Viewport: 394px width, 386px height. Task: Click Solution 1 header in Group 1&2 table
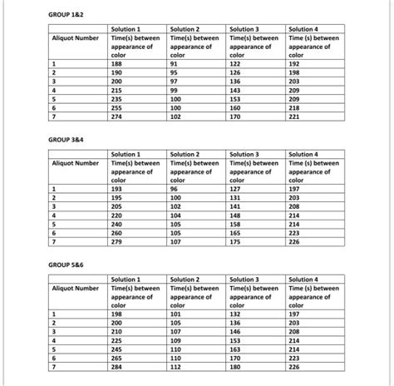(126, 30)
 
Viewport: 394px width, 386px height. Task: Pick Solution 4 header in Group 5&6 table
(303, 280)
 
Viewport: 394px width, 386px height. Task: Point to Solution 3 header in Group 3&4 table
(244, 154)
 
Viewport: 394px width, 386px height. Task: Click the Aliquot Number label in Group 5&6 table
(76, 288)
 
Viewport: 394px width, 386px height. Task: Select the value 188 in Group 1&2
(117, 63)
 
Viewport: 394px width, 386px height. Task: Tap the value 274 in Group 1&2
(117, 117)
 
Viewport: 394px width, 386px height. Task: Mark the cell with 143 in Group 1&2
(235, 90)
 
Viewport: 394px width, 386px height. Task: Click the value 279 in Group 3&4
(117, 242)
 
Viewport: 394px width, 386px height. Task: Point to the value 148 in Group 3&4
(235, 215)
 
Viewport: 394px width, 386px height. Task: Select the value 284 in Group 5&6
(117, 367)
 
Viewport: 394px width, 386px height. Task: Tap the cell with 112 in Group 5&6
(175, 367)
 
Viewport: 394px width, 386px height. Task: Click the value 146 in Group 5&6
(235, 331)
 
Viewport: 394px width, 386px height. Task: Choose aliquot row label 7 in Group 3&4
(53, 242)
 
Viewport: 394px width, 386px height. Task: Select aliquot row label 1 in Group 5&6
(53, 314)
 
